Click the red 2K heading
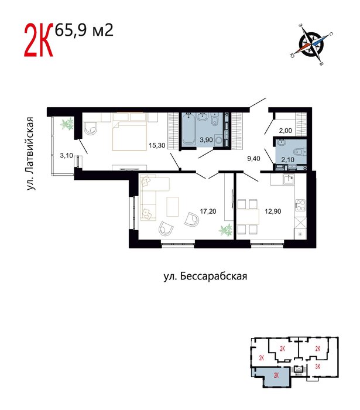pos(39,40)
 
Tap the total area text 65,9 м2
pos(84,30)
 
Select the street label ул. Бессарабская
pos(205,276)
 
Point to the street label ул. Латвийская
pos(30,153)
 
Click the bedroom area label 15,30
pos(157,145)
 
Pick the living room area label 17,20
pos(208,211)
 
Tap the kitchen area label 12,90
pos(273,211)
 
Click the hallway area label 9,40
pos(253,159)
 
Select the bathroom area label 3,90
pos(206,140)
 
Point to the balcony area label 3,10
pos(66,156)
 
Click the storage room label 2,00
pos(285,131)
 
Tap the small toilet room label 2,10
pos(287,159)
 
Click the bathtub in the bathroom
pos(188,129)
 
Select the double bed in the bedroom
pos(129,132)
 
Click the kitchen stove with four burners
pos(300,206)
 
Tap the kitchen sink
pos(289,179)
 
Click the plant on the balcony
pos(66,124)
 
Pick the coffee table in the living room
pos(173,207)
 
